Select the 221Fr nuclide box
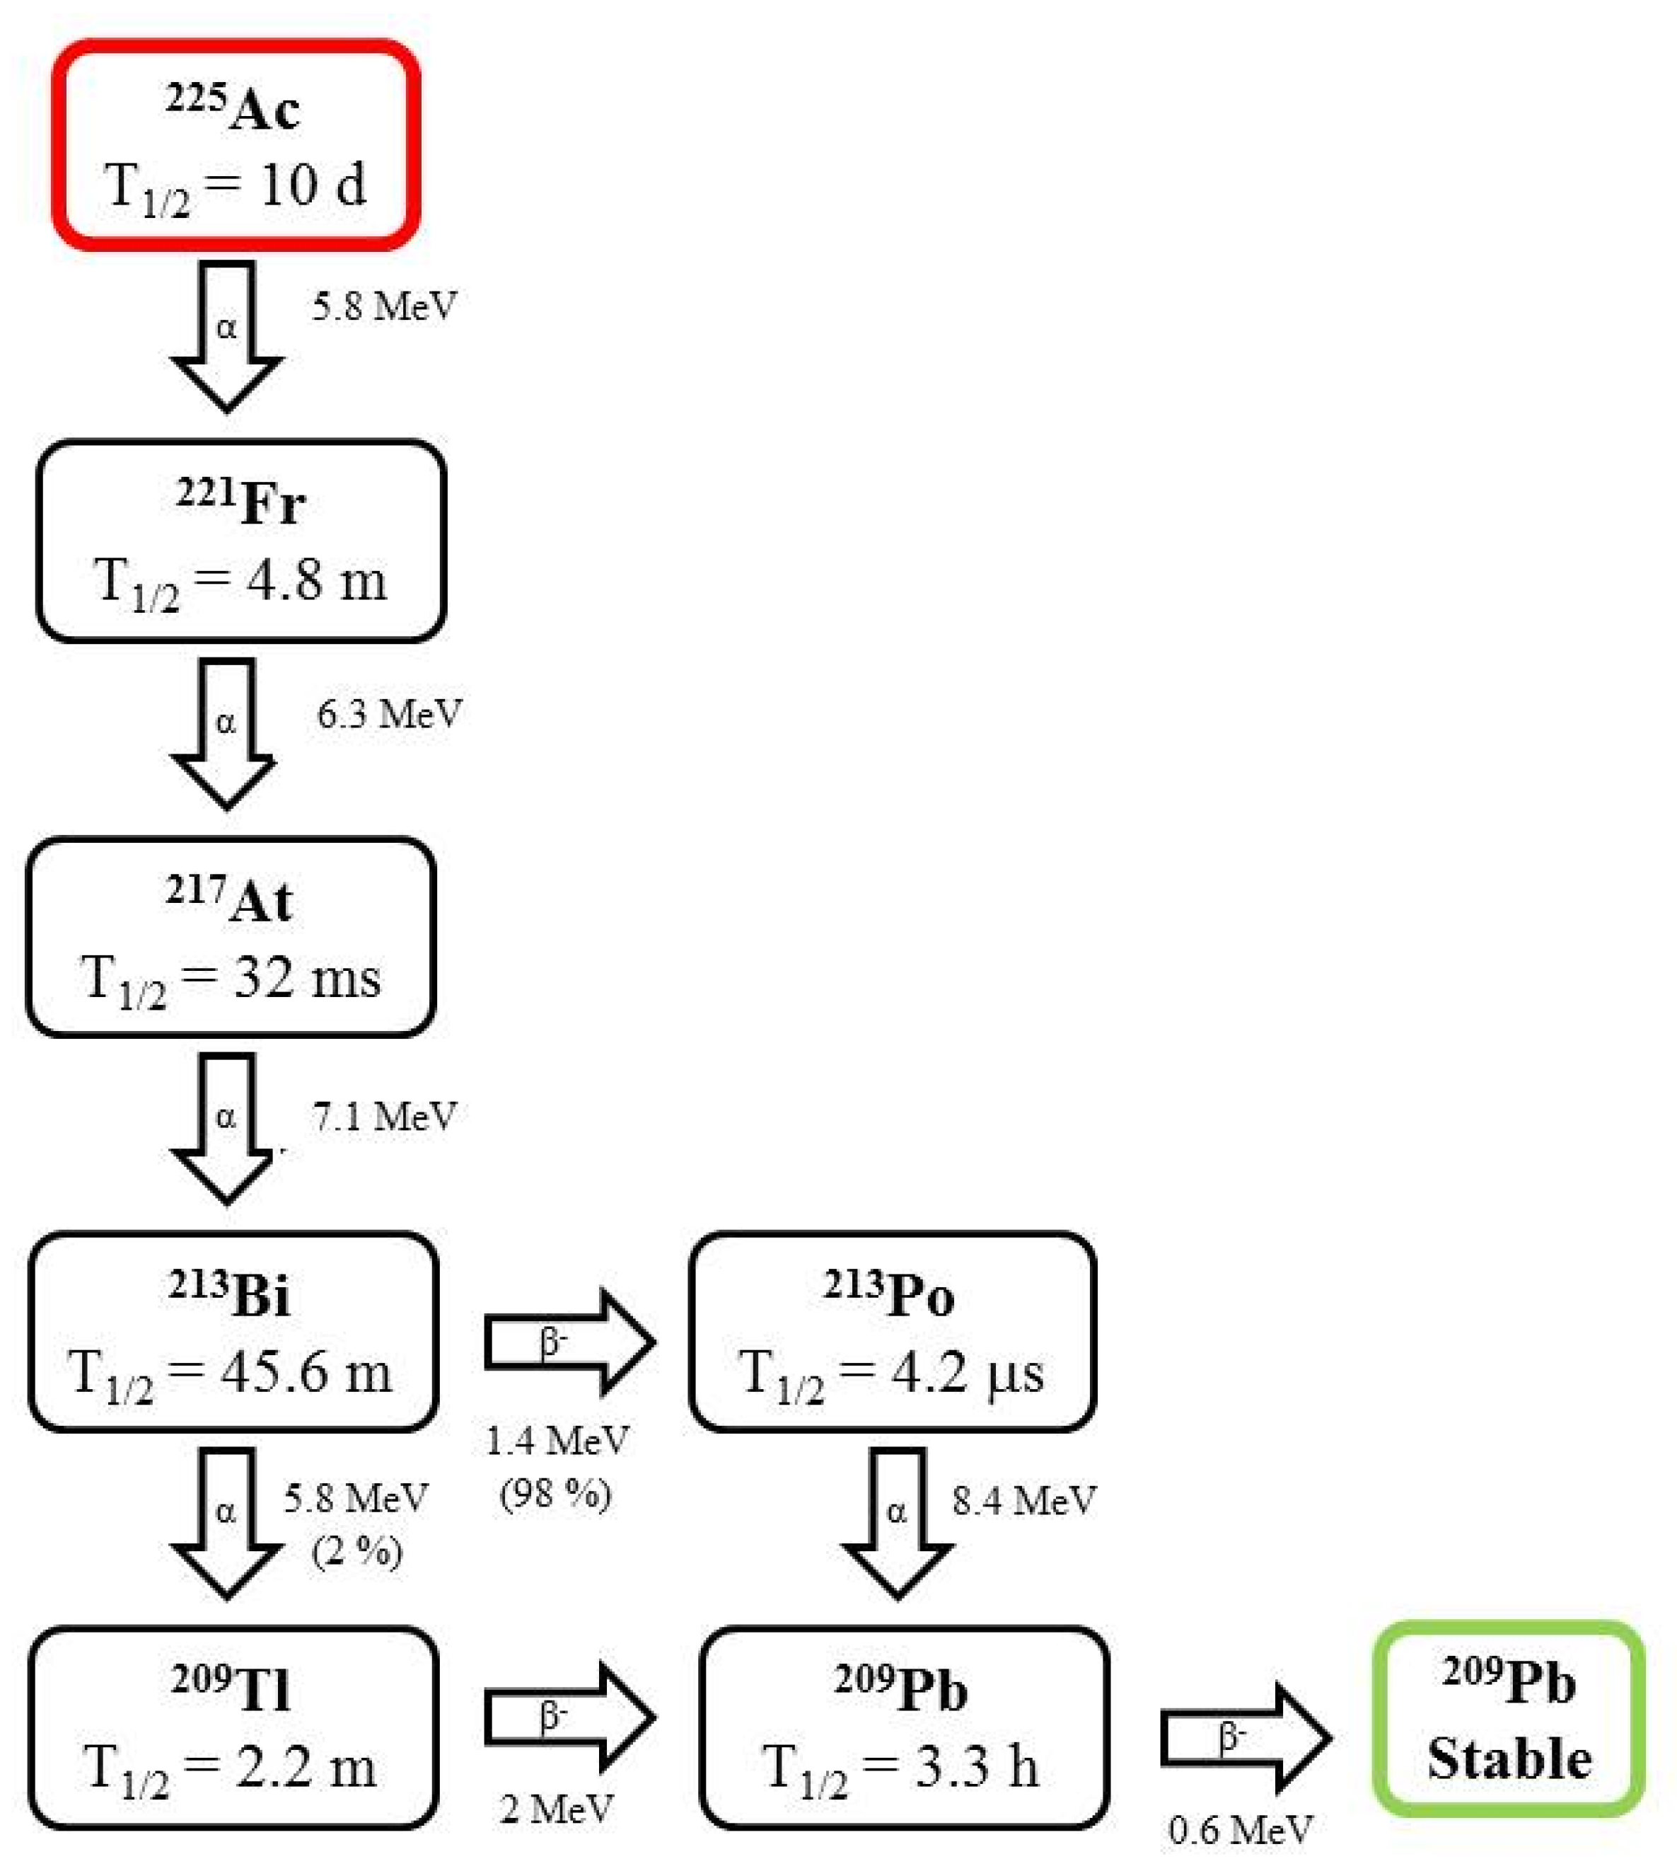240,541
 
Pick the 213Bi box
233,1332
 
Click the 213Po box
892,1332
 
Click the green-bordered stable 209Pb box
1509,1718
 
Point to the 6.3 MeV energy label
389,714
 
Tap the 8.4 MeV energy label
1023,1500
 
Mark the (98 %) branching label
556,1493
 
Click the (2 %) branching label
356,1552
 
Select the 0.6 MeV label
1240,1829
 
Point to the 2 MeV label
557,1809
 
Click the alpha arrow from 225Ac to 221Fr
226,333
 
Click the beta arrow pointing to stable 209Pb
1244,1737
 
